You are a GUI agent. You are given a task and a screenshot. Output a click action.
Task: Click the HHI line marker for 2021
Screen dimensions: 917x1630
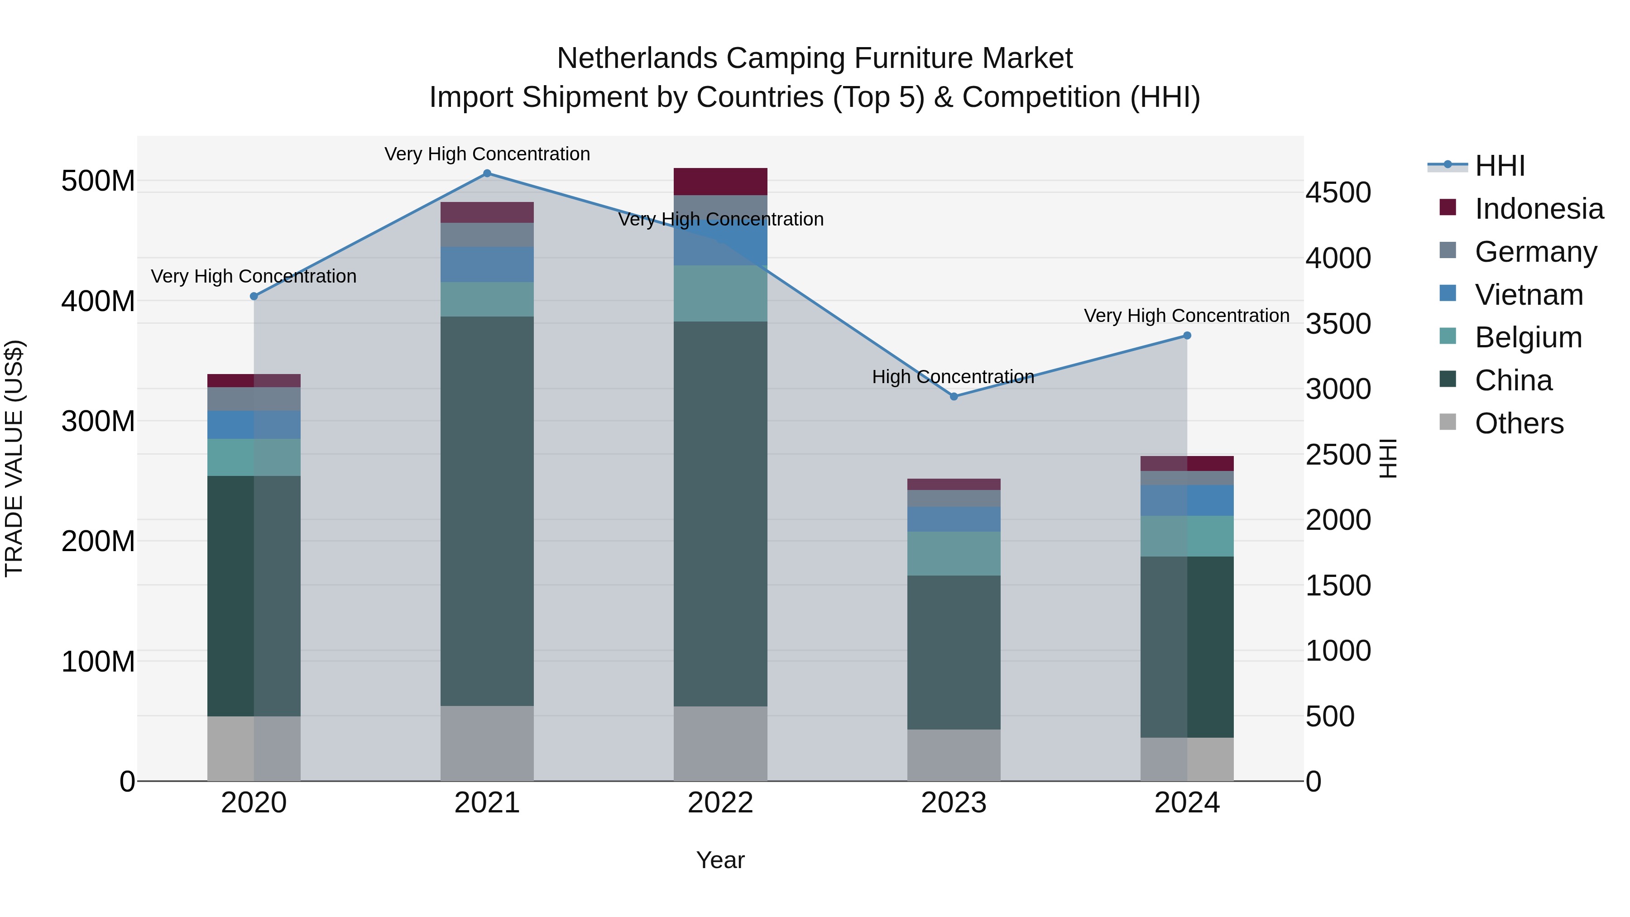click(487, 173)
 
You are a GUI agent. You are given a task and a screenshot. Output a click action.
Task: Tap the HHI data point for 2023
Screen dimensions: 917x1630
click(954, 397)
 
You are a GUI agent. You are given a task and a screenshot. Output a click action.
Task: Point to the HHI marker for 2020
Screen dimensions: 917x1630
click(254, 296)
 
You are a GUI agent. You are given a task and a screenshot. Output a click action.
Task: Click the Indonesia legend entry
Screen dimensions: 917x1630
click(1539, 209)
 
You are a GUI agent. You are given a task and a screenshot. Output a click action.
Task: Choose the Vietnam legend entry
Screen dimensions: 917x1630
click(1529, 295)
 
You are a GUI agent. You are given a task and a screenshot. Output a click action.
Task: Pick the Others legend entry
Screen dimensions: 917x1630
click(1519, 423)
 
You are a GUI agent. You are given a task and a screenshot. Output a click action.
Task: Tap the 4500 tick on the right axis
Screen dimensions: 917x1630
click(1338, 193)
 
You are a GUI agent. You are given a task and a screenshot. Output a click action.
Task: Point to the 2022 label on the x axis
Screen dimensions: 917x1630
click(720, 803)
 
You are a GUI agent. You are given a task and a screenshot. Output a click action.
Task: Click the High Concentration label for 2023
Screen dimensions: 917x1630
click(953, 377)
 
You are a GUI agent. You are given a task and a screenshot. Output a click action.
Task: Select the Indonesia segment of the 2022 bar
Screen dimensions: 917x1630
click(720, 182)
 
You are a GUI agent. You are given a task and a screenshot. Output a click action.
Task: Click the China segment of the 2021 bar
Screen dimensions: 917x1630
click(487, 511)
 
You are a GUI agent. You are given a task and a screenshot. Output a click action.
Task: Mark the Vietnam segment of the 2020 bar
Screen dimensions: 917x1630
click(254, 425)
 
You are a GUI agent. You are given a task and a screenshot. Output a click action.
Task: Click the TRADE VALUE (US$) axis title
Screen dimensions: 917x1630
click(14, 458)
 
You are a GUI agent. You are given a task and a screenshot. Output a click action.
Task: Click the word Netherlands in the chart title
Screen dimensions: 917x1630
click(637, 59)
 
